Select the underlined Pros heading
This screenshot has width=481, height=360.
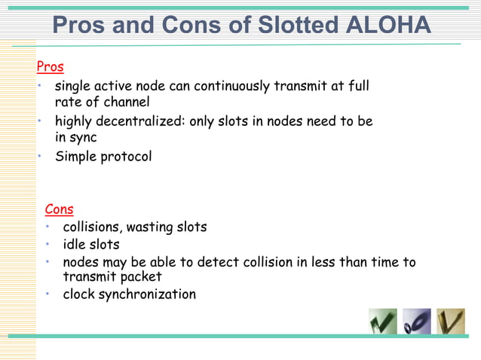[x=50, y=67]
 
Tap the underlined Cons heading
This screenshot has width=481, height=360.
[x=59, y=209]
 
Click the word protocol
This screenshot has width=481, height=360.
[x=126, y=157]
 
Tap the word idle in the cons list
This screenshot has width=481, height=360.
[x=74, y=245]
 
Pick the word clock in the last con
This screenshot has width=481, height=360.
[x=79, y=294]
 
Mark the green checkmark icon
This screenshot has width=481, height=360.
[x=383, y=322]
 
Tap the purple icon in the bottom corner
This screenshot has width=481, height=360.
[x=416, y=322]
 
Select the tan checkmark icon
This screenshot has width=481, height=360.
[x=451, y=322]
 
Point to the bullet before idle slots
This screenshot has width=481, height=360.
[x=47, y=244]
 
